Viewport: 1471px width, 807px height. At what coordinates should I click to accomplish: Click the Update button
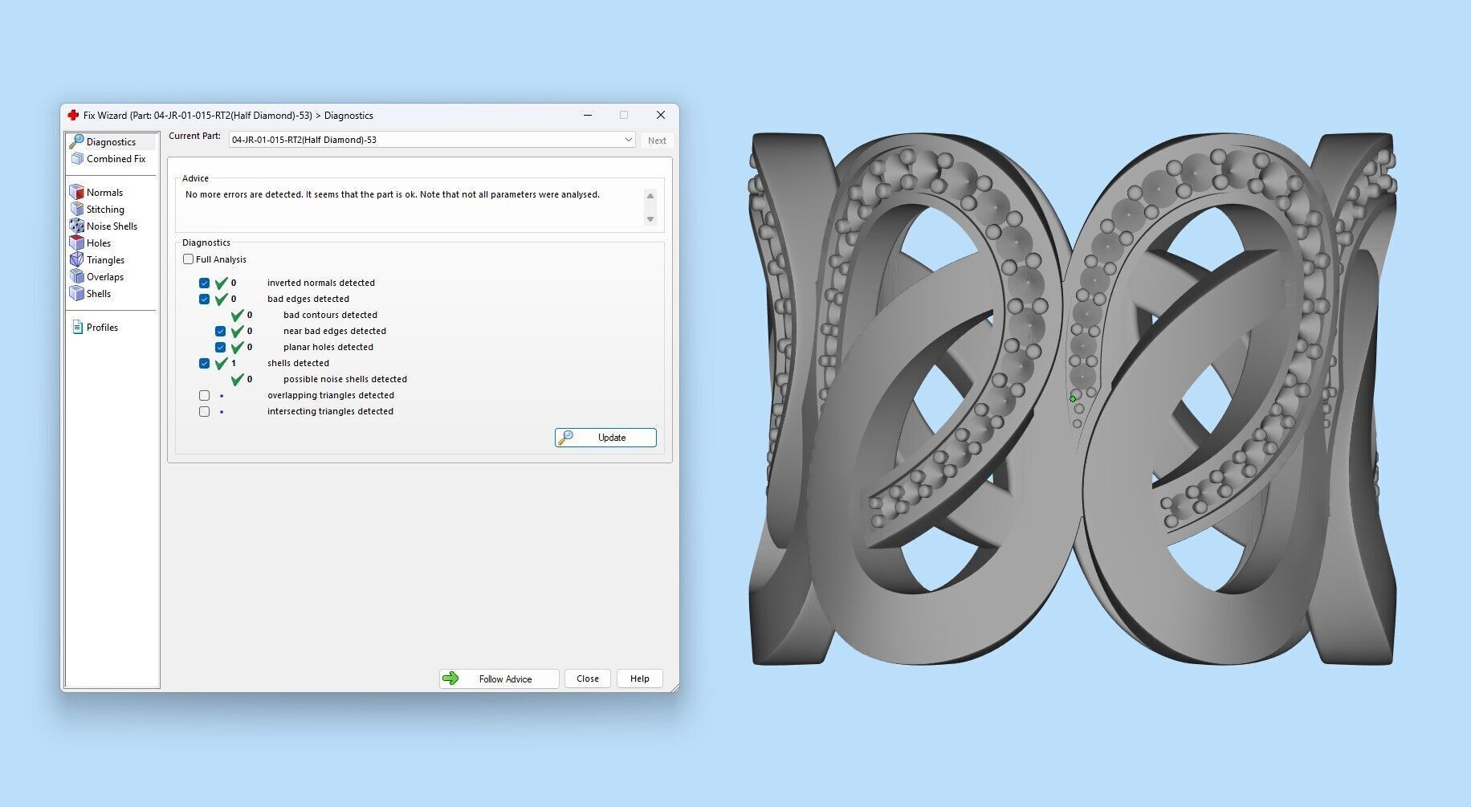605,438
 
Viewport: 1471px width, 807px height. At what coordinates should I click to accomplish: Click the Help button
639,679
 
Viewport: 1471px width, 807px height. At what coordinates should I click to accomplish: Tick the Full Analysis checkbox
189,259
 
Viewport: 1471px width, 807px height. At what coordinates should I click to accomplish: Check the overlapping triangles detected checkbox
205,395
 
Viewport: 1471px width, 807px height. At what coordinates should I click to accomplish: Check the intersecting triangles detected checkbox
205,411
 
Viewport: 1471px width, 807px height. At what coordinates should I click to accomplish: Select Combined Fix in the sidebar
116,159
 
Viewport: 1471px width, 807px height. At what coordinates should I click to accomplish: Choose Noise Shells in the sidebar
112,226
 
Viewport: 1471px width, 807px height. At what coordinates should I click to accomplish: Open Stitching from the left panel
105,210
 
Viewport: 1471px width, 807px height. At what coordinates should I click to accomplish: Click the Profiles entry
102,328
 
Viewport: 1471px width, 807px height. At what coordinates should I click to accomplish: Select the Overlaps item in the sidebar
105,277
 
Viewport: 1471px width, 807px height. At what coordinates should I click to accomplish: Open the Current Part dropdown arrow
628,140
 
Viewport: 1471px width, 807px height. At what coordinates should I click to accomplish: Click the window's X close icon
660,116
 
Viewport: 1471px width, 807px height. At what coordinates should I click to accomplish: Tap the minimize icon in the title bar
588,116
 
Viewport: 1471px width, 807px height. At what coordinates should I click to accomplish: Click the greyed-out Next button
657,141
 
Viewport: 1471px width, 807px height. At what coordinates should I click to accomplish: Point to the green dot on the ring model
1073,398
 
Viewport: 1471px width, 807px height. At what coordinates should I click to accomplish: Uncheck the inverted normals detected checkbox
205,283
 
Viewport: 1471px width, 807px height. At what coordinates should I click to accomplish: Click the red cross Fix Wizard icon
73,116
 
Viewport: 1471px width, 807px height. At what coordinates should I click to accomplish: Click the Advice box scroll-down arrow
650,219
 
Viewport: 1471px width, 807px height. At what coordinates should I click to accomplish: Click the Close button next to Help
587,679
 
